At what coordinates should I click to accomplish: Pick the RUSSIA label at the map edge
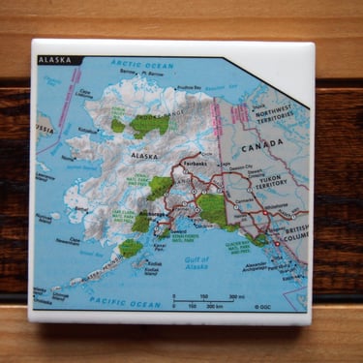pos(44,127)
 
